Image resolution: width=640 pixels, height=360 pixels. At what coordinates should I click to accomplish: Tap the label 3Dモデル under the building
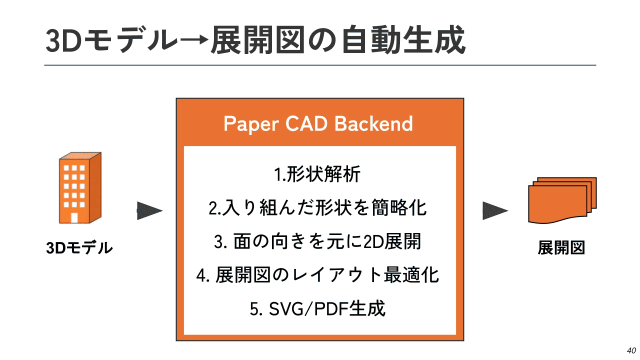79,247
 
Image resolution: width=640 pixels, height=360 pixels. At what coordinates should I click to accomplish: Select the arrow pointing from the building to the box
149,211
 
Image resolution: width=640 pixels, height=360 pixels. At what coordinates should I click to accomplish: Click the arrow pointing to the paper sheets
495,211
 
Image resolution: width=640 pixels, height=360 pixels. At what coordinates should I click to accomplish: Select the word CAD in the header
306,123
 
